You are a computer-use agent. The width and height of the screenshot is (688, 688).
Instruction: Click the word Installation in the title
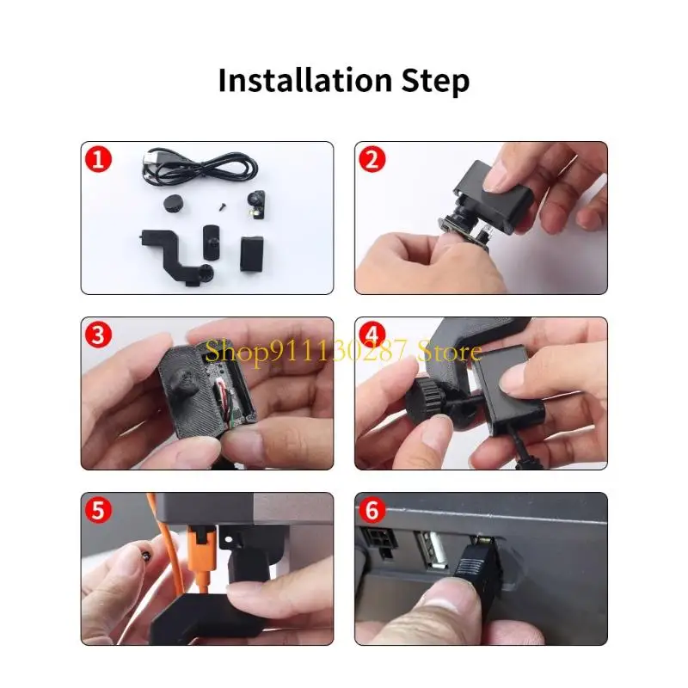305,80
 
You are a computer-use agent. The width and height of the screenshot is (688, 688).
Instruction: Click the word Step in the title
435,82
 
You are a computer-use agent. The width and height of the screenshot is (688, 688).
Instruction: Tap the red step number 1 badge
98,159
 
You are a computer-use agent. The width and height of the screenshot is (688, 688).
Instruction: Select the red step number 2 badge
372,159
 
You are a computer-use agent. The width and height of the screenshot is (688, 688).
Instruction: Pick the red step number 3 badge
98,335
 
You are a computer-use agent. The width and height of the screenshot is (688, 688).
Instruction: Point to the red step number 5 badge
98,510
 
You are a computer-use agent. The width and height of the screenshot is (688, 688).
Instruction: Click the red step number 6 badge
372,510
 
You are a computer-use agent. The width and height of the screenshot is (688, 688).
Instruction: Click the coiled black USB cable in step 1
200,169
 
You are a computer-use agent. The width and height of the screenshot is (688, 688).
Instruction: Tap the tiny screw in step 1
223,205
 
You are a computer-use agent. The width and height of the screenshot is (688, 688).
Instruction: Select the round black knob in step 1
173,203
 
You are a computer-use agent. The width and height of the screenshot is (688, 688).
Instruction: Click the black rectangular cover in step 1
252,254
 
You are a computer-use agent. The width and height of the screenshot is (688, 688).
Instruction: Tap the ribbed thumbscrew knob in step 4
426,400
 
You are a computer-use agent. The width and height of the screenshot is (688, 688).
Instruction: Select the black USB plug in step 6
477,564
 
